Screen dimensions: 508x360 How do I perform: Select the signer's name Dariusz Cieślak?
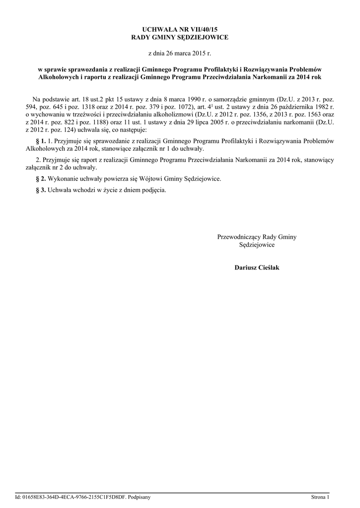257,268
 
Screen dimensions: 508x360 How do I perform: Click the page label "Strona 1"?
320,497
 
